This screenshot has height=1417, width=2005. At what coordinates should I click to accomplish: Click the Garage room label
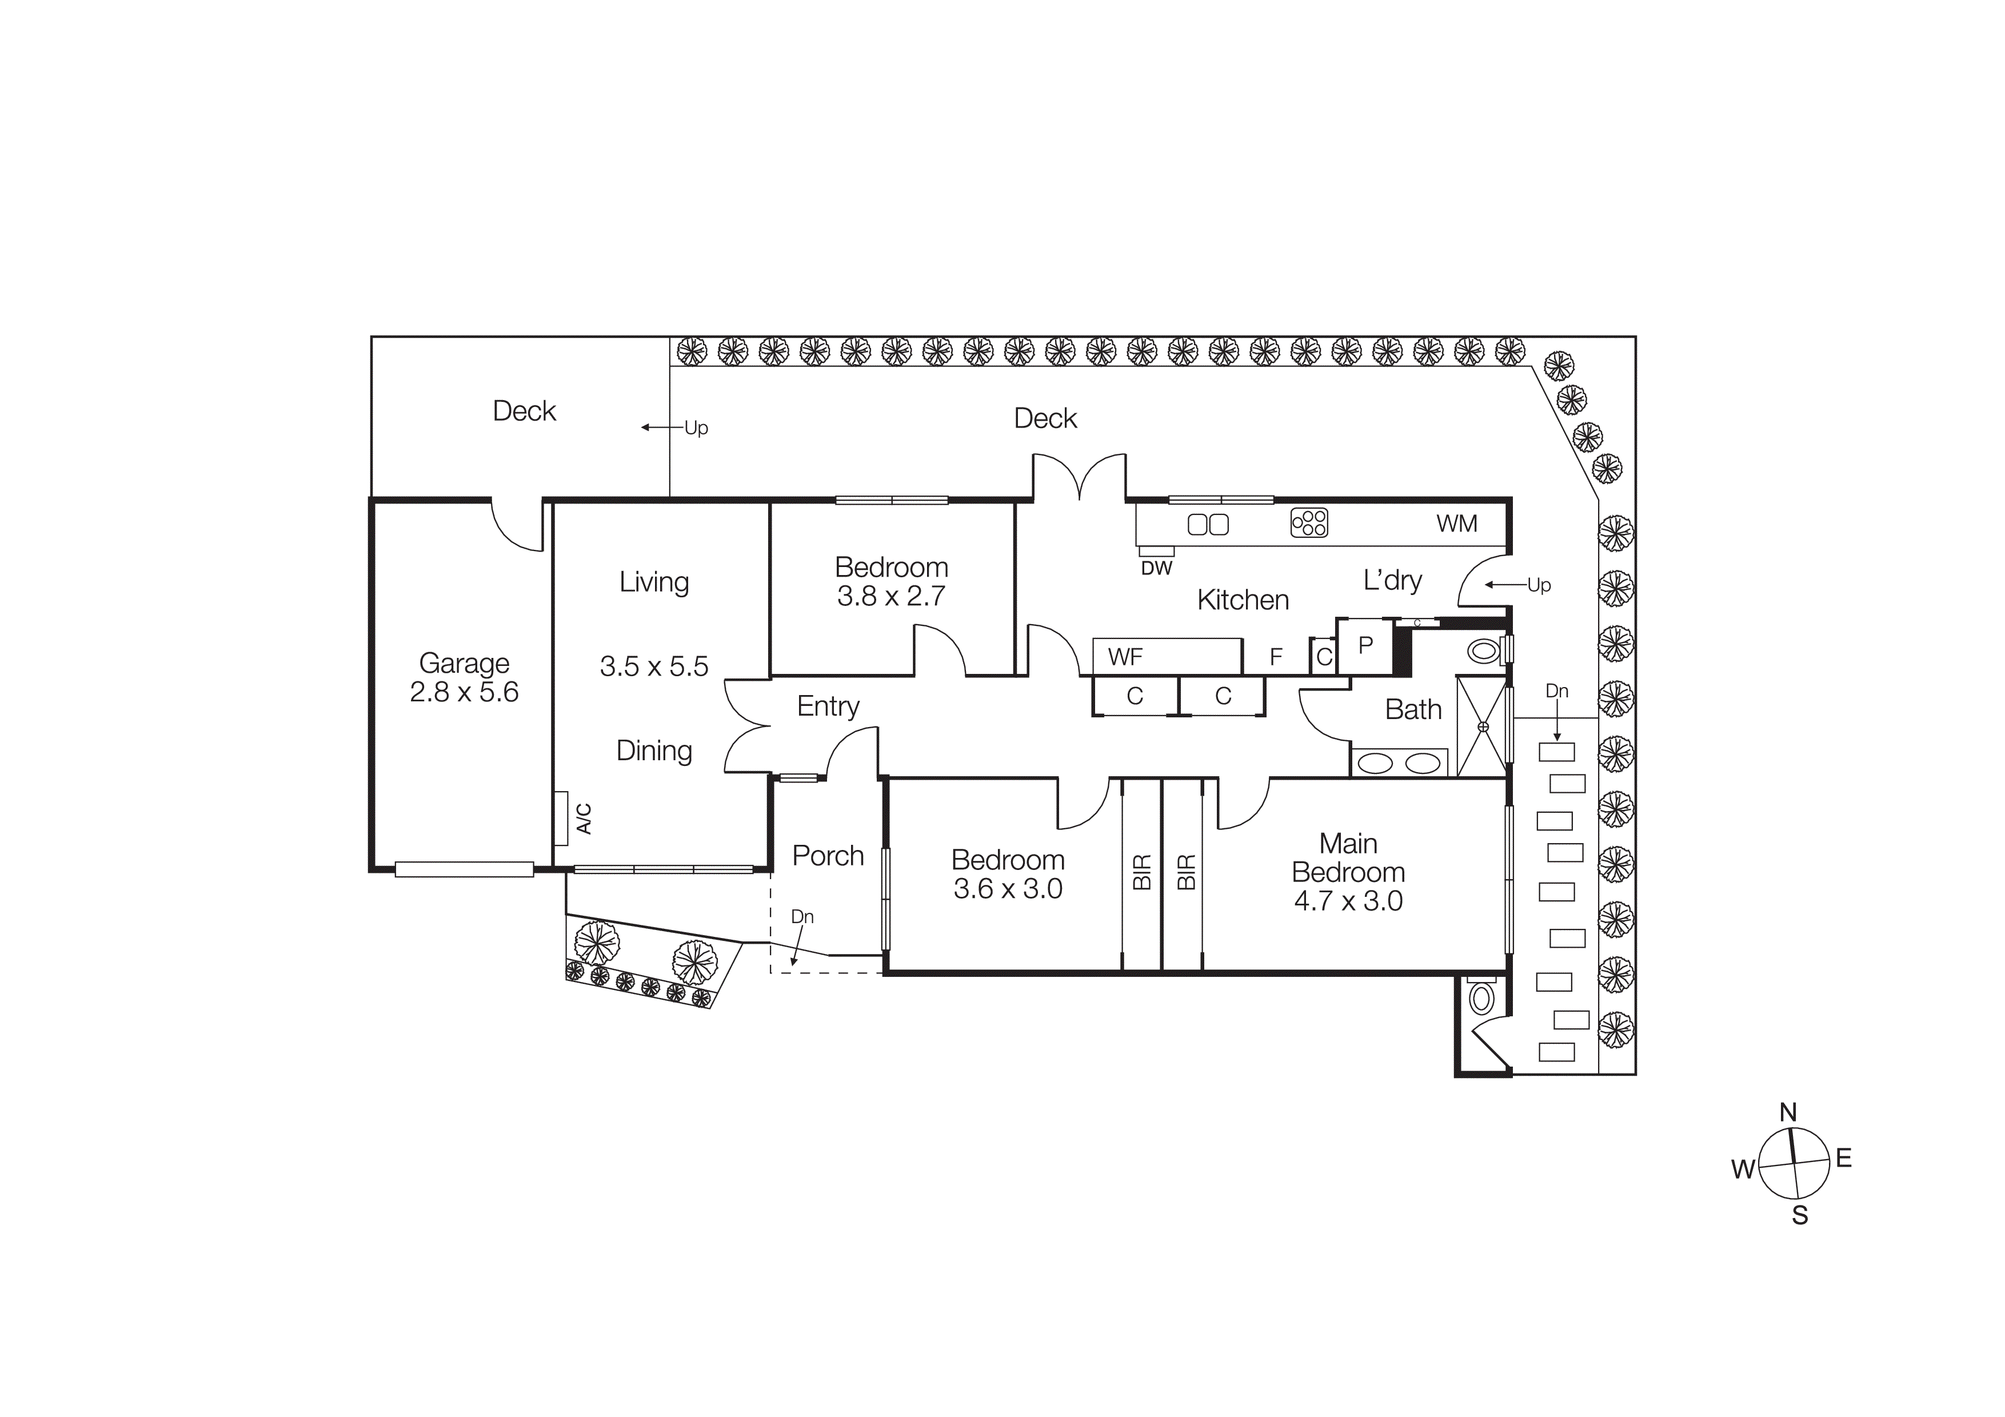(x=464, y=664)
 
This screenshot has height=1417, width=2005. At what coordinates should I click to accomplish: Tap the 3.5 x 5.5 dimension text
(x=653, y=667)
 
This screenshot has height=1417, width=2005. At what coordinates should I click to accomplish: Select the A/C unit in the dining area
(x=561, y=818)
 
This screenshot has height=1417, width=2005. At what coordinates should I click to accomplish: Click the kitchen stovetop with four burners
(x=1309, y=523)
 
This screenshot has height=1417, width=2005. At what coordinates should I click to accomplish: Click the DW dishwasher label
(x=1156, y=568)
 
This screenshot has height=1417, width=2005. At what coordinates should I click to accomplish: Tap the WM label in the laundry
(x=1456, y=524)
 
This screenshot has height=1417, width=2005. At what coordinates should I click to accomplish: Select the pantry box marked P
(x=1365, y=645)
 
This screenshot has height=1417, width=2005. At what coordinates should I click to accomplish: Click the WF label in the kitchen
(x=1125, y=657)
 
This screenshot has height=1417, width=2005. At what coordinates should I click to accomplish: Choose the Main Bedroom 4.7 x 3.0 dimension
(x=1348, y=901)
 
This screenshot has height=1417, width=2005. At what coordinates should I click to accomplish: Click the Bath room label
(x=1413, y=710)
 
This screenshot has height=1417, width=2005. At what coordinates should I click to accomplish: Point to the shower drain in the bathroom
(x=1482, y=727)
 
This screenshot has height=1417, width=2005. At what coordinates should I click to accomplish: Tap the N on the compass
(x=1788, y=1113)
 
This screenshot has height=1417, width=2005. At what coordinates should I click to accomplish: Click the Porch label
(x=827, y=856)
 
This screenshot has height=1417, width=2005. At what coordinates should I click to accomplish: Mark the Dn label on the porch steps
(x=802, y=917)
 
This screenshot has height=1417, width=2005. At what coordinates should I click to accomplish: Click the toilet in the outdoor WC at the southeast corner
(x=1481, y=997)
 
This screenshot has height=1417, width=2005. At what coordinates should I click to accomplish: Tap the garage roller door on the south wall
(x=464, y=869)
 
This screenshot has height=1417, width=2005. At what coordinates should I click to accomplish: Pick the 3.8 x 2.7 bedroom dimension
(x=890, y=596)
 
